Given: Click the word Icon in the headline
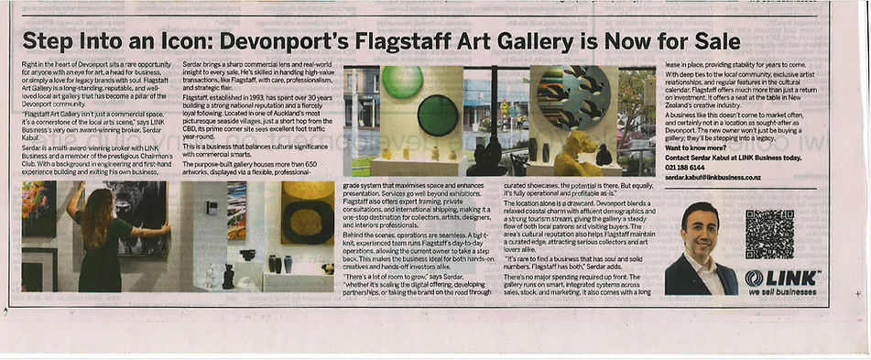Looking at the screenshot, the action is (x=180, y=41).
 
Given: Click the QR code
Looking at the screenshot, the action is (x=769, y=234).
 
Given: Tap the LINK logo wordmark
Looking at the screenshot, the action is (x=782, y=278).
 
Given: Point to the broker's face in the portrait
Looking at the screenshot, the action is (x=701, y=234).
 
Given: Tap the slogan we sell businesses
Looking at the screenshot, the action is (x=780, y=292).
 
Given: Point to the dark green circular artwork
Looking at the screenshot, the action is (x=438, y=115).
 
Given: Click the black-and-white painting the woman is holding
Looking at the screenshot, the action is (x=139, y=214).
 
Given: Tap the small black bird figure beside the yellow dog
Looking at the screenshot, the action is (x=604, y=155).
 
